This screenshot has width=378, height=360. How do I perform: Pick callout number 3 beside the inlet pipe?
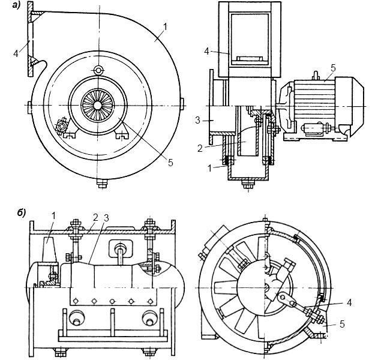198,121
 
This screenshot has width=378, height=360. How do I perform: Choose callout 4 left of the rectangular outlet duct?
206,52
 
